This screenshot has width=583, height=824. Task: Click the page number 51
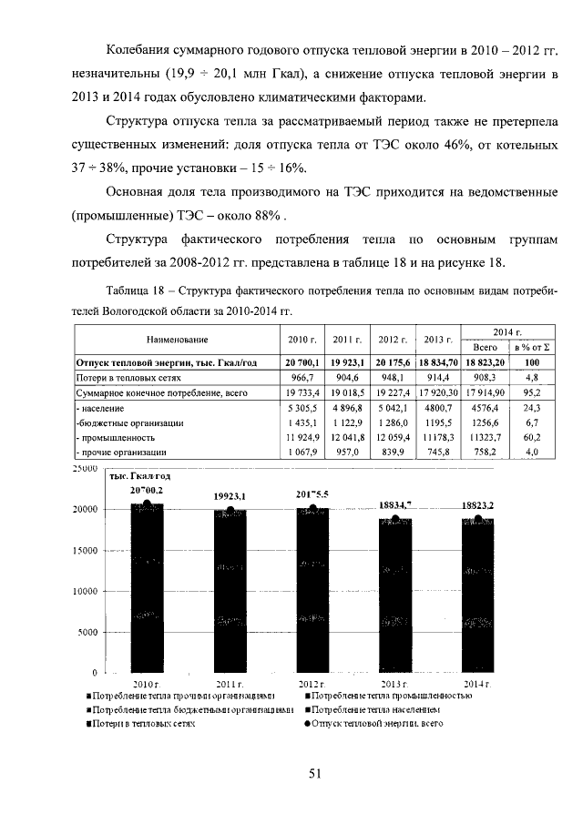click(315, 774)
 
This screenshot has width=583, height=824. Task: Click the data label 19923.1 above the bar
click(230, 495)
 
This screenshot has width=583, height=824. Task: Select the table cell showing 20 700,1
click(301, 362)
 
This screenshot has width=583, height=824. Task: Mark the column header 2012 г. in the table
click(393, 341)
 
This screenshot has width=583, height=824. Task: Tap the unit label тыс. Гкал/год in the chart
click(138, 475)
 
